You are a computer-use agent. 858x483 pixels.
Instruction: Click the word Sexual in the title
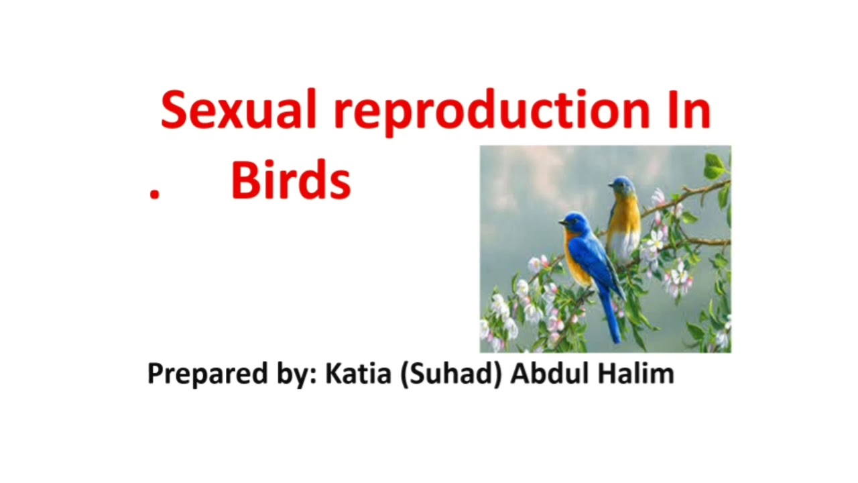tap(237, 111)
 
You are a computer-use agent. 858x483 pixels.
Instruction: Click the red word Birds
tap(291, 181)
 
